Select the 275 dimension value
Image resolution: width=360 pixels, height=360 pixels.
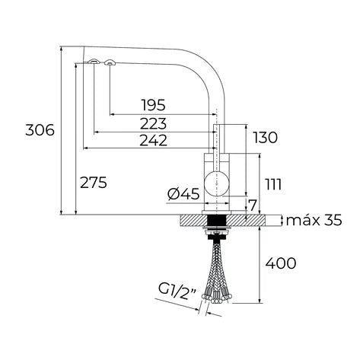pos(93,182)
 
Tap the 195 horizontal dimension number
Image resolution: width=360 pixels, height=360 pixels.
pos(153,105)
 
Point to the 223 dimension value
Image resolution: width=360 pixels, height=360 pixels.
pos(153,123)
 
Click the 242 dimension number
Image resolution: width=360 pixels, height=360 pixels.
pos(153,139)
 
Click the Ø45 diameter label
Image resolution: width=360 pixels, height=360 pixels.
pos(183,195)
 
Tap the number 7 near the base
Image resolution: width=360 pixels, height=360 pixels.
pos(253,206)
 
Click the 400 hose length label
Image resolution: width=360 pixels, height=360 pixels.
pos(281,264)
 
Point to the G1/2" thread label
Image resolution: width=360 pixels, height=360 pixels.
pos(176,289)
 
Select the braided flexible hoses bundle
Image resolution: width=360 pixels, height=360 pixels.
pos(218,274)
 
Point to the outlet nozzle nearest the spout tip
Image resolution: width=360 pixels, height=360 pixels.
pos(92,62)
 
